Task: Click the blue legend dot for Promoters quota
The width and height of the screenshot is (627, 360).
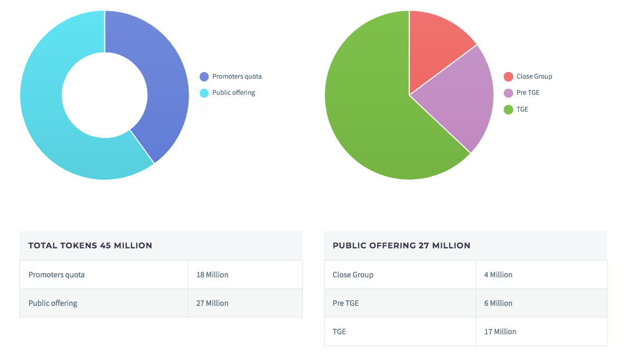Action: [x=204, y=76]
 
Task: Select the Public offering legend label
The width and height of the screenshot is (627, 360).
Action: [x=233, y=93]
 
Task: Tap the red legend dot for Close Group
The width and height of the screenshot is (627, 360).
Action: [x=508, y=76]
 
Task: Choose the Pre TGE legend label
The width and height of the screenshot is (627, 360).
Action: [x=528, y=93]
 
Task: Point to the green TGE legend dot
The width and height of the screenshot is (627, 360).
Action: [x=508, y=109]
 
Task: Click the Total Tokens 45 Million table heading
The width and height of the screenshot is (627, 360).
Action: [x=90, y=246]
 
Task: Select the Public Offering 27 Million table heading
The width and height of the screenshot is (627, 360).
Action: [x=401, y=246]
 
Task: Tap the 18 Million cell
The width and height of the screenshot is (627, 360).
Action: [x=212, y=275]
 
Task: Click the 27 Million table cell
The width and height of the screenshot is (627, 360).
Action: [x=212, y=303]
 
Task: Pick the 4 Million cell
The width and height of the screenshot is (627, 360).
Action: [x=498, y=275]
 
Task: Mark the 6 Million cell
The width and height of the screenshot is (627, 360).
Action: [x=498, y=303]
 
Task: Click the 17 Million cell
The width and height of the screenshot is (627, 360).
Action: [x=500, y=332]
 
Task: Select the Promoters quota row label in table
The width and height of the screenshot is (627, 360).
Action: [x=56, y=275]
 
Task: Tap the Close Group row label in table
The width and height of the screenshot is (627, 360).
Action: [x=353, y=275]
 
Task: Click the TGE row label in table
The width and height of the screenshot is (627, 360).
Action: [x=339, y=332]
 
